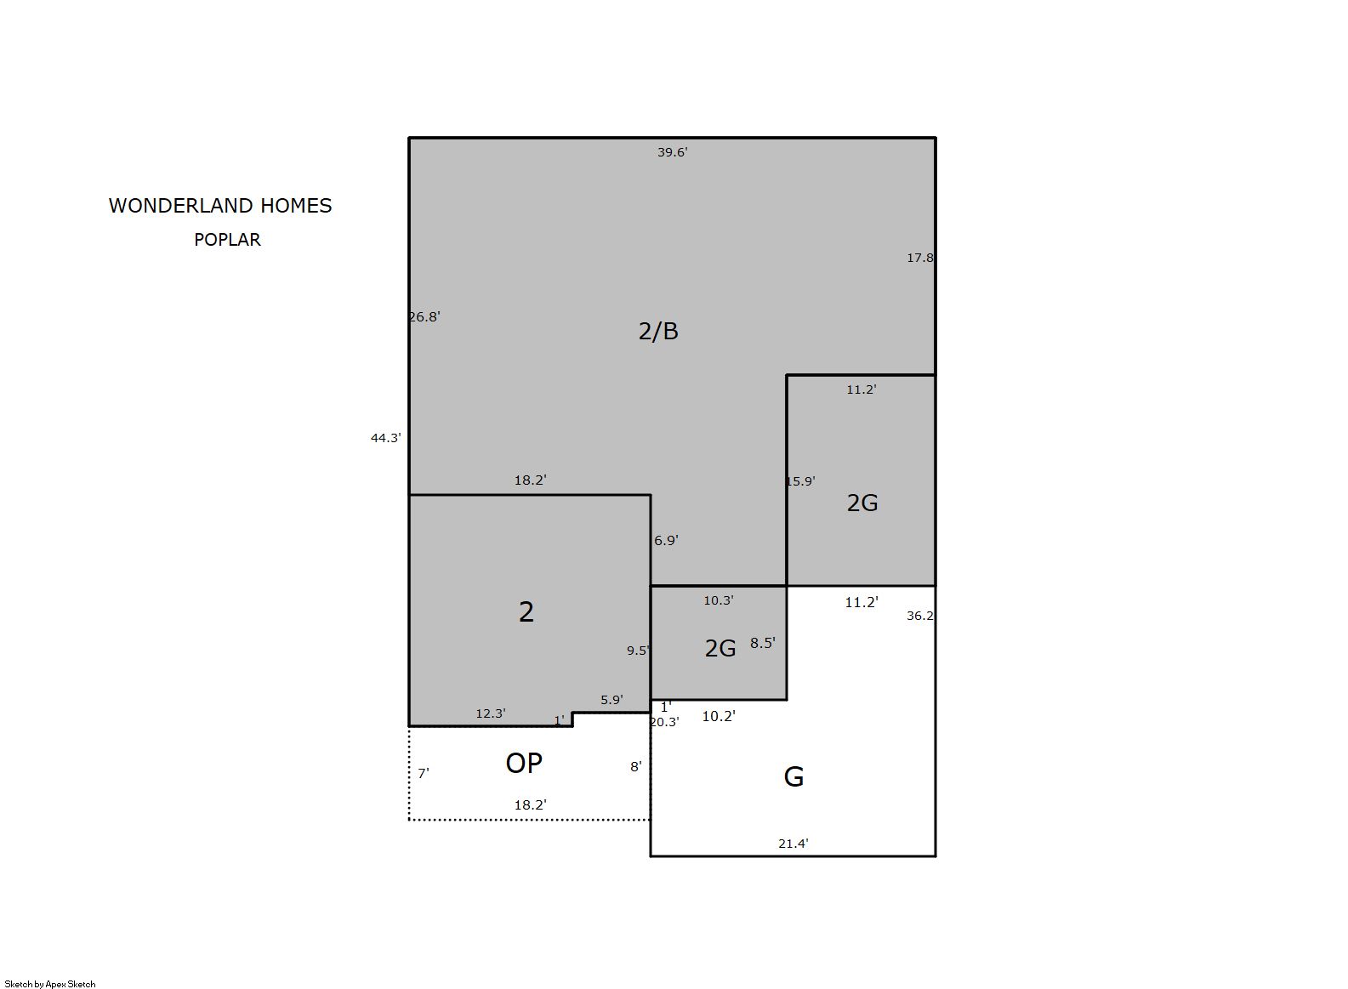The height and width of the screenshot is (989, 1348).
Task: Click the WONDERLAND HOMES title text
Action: (x=220, y=206)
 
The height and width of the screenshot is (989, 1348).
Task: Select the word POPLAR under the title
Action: (x=227, y=240)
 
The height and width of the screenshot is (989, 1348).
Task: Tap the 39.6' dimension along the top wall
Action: (x=672, y=152)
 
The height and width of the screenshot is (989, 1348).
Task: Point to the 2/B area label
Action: (x=658, y=331)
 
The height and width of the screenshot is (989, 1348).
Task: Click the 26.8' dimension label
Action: (x=425, y=316)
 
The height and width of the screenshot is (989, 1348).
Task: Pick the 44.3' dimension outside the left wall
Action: (x=386, y=438)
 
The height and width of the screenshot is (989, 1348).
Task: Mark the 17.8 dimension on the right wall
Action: (x=920, y=258)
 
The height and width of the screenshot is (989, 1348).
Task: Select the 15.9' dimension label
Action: (x=800, y=481)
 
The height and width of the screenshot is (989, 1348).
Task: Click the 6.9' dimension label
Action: (x=666, y=540)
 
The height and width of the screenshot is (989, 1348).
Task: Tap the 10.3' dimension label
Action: (x=719, y=600)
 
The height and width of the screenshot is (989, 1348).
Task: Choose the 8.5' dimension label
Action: (x=763, y=643)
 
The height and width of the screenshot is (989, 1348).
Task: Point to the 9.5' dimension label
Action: (x=639, y=651)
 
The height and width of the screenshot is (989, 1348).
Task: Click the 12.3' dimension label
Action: (x=491, y=713)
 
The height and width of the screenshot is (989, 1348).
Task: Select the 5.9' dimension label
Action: (x=611, y=700)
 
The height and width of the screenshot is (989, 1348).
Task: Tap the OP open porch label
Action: (x=524, y=764)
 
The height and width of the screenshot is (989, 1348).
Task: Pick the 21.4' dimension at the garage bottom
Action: (x=793, y=844)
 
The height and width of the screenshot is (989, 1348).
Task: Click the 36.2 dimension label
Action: (x=920, y=616)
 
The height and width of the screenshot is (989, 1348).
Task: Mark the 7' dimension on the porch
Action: (x=424, y=773)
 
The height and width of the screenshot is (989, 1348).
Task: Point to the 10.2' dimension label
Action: (x=719, y=716)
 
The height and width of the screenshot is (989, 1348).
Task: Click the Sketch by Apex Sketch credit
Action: (x=50, y=984)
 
